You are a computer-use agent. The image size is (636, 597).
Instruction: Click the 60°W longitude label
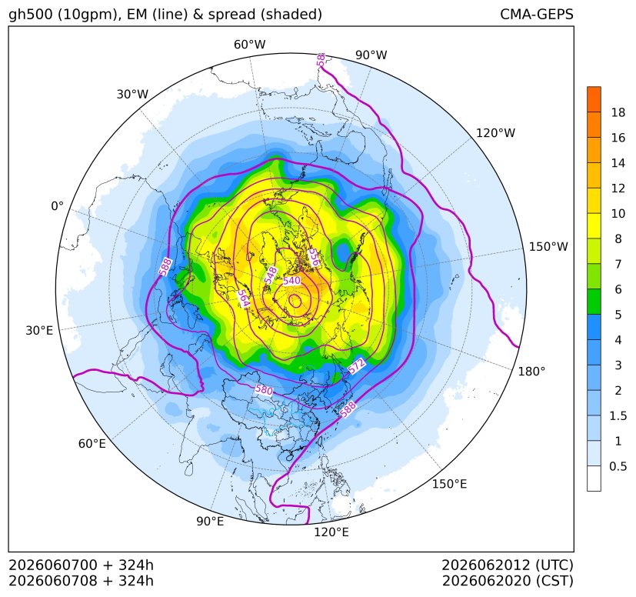(x=249, y=45)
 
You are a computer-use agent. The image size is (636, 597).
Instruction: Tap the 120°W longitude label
(x=496, y=133)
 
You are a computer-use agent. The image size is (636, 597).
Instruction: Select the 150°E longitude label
(x=449, y=484)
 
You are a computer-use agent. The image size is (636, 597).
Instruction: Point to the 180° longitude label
(x=531, y=371)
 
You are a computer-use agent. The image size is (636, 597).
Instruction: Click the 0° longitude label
(x=57, y=206)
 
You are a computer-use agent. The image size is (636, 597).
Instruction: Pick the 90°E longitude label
(x=210, y=521)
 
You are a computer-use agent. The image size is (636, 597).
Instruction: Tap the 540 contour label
(x=291, y=281)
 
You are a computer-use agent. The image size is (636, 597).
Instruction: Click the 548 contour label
(x=271, y=275)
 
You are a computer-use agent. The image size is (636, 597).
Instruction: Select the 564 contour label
(x=243, y=299)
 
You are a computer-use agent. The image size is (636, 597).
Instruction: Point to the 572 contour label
(x=357, y=366)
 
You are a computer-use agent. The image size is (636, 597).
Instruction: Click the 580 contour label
(x=264, y=390)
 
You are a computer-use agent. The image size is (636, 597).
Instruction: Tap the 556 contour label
(x=314, y=257)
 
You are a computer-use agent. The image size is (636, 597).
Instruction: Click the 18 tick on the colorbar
(x=618, y=112)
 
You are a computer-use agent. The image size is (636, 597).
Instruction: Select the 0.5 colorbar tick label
(x=618, y=466)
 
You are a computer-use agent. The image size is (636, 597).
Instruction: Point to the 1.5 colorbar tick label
(x=618, y=415)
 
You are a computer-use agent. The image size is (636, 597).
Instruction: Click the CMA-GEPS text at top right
(x=537, y=14)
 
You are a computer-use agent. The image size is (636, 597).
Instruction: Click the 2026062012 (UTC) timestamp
(x=508, y=565)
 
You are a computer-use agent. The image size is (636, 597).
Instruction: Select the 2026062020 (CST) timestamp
(x=508, y=581)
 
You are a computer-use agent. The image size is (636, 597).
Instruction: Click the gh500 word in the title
(x=31, y=15)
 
